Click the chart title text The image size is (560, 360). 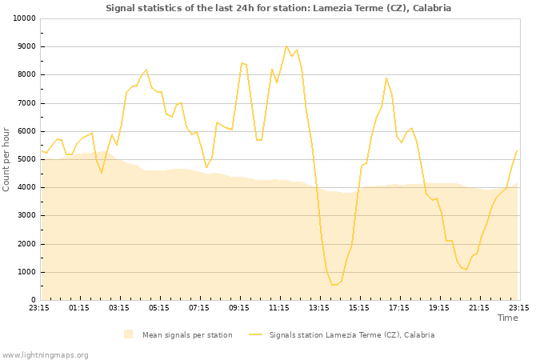coord(278,8)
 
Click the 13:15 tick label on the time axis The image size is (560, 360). coord(319,307)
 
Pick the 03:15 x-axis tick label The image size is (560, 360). coord(119,307)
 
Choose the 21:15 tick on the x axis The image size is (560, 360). coord(479,307)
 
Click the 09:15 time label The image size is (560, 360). coord(239,307)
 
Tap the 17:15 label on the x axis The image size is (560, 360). coord(399,307)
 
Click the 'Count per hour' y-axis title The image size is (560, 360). coord(6,159)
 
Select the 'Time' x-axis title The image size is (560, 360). coord(507,318)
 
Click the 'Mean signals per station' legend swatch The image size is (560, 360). coord(129,334)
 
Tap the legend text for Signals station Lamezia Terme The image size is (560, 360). coord(351,334)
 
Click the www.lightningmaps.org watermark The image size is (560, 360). coord(45,354)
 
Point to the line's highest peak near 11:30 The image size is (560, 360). coord(286,46)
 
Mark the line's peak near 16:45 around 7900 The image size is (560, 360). coord(386,78)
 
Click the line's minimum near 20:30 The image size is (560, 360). coord(466,270)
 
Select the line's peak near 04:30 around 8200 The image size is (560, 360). coord(146,70)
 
